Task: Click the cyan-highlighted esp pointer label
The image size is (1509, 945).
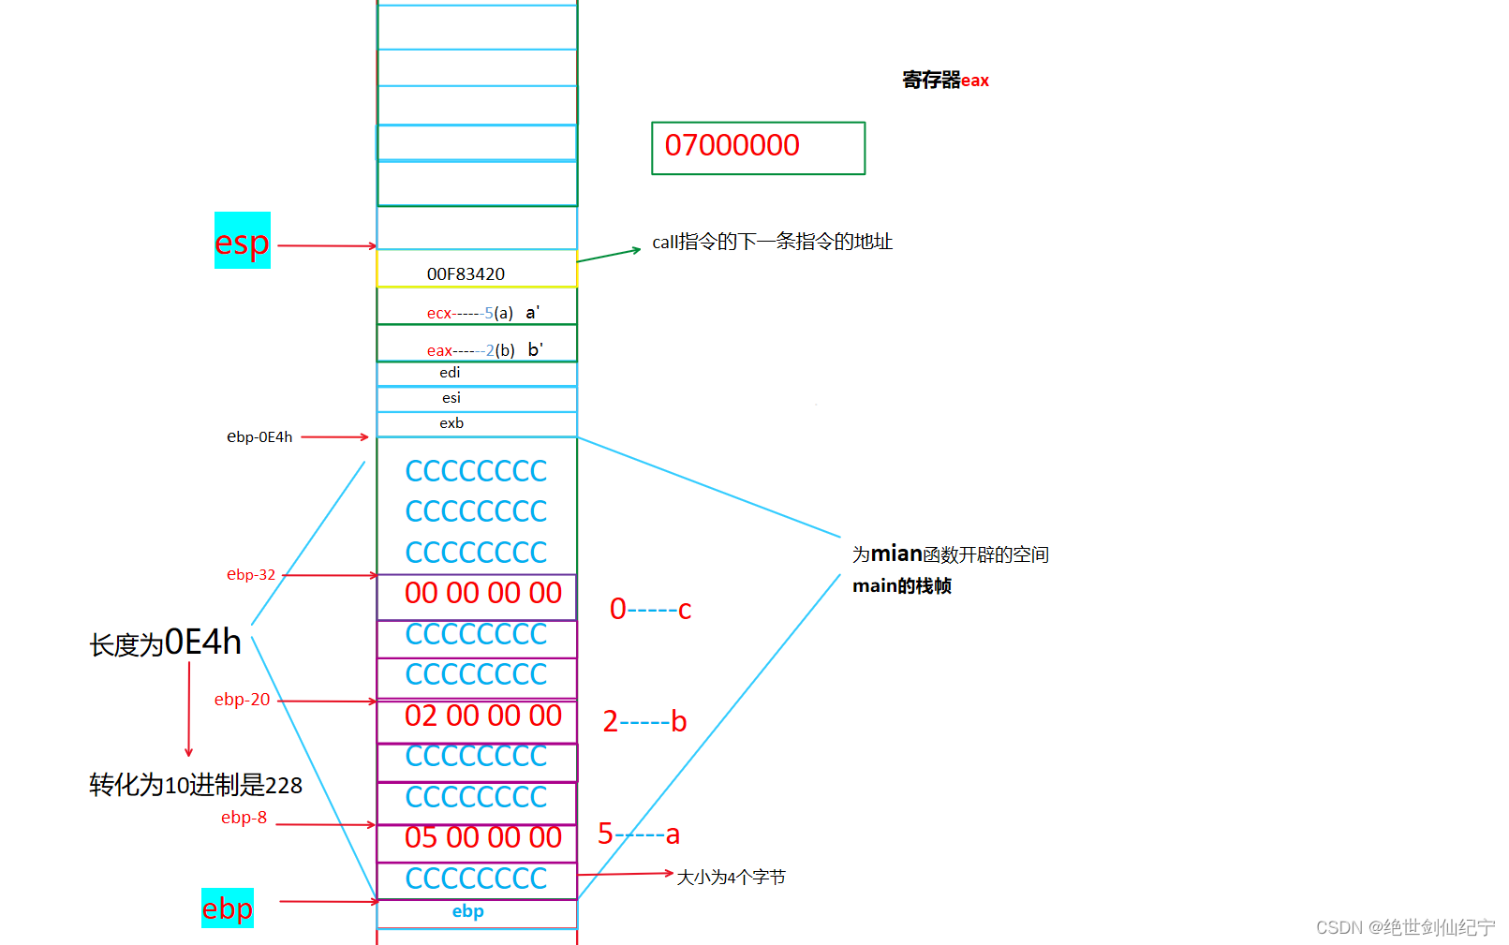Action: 243,242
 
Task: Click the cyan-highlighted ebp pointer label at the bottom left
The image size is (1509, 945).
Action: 228,908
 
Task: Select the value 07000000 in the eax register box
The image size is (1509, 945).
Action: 732,145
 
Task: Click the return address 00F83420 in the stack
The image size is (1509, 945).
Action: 466,273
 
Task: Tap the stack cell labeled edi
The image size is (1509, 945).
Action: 450,373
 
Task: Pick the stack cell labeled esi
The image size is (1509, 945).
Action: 451,398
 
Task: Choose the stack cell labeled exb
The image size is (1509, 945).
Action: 451,423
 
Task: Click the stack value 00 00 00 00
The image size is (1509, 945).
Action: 482,593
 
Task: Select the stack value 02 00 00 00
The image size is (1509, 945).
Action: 482,716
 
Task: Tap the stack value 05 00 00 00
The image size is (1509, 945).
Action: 482,837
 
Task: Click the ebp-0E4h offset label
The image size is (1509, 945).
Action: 259,436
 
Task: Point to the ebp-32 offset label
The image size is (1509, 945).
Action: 251,574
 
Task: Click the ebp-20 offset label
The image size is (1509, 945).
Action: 242,700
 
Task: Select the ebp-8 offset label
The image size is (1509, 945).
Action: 244,818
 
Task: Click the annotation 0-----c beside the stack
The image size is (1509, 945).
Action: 650,610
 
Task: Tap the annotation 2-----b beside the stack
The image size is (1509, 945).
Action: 644,721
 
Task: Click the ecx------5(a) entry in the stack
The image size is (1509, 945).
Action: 470,313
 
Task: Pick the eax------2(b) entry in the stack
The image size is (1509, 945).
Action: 471,350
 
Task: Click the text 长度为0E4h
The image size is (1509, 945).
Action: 166,643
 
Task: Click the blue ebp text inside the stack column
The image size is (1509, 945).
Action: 468,911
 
